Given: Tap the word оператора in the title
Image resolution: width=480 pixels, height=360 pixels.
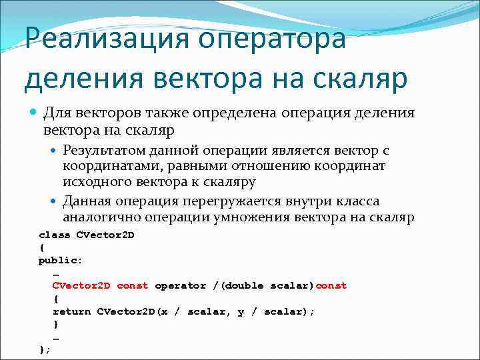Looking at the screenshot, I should pyautogui.click(x=287, y=38).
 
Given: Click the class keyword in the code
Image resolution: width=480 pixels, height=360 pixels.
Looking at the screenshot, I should pyautogui.click(x=54, y=235).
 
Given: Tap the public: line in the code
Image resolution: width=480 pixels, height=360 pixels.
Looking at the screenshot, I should pyautogui.click(x=61, y=260).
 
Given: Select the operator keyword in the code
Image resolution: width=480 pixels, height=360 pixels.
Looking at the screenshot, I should pyautogui.click(x=181, y=285).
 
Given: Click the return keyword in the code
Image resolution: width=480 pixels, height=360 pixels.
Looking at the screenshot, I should pyautogui.click(x=71, y=311).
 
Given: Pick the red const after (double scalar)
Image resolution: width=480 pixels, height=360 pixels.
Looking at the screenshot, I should pyautogui.click(x=331, y=285).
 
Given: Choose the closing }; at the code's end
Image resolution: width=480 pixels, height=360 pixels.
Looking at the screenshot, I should pyautogui.click(x=45, y=349).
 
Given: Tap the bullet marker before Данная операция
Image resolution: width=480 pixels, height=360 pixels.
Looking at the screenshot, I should pyautogui.click(x=54, y=201).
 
